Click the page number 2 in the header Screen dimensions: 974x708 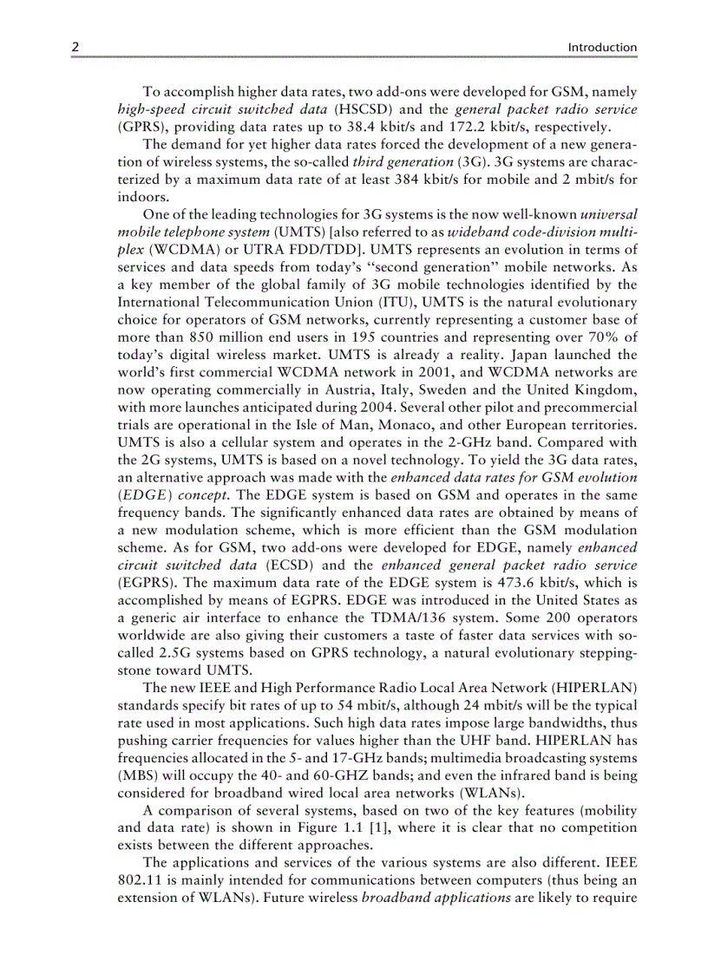(x=75, y=48)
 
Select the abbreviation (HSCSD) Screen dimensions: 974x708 (x=362, y=109)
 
